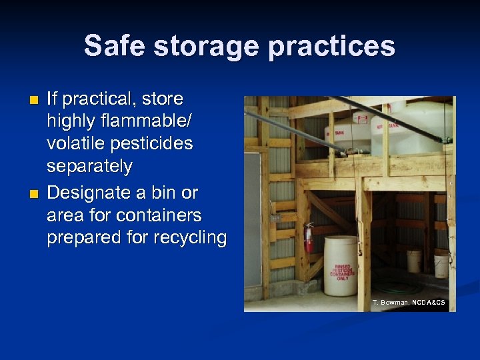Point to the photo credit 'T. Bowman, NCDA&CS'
click(x=409, y=303)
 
